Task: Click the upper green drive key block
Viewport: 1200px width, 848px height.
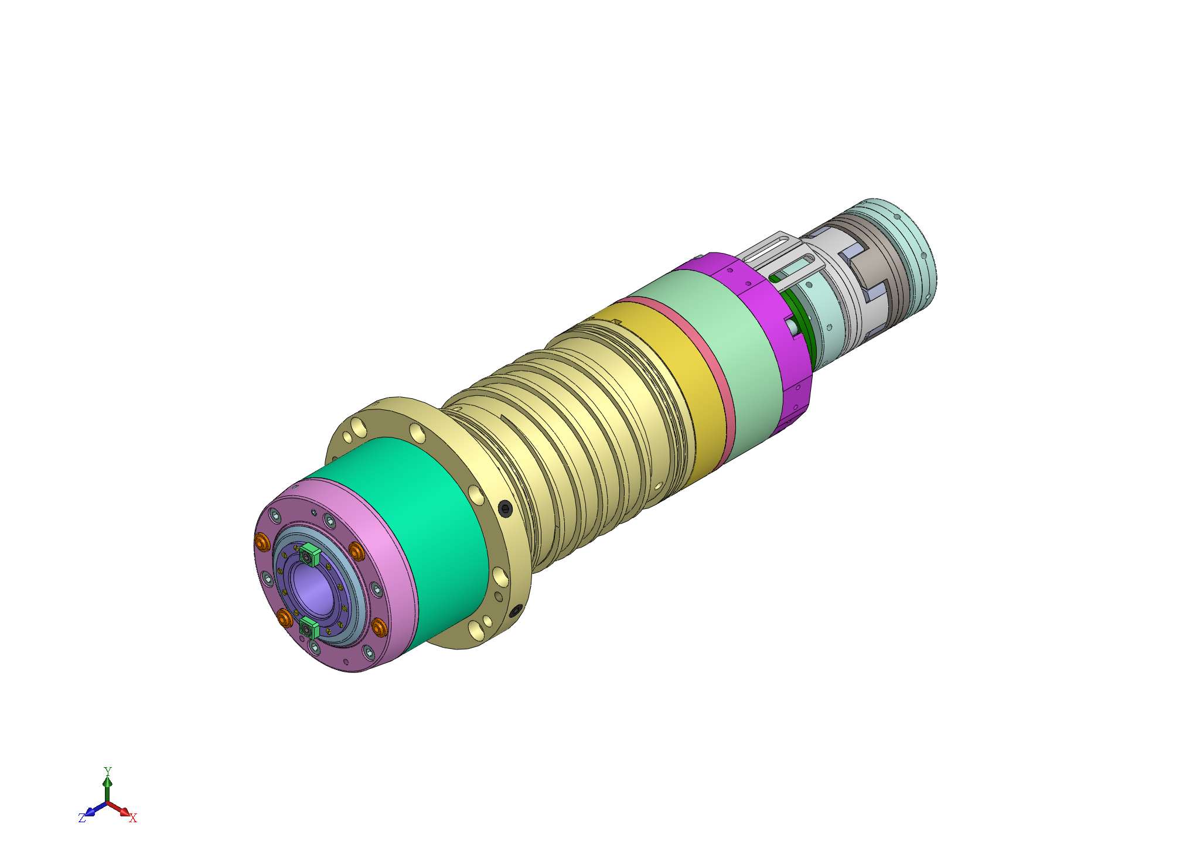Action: pyautogui.click(x=309, y=553)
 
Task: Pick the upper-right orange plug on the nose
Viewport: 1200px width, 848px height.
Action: pyautogui.click(x=356, y=550)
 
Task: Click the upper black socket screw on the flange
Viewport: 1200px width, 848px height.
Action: pyautogui.click(x=506, y=509)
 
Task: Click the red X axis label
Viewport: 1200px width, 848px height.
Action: pyautogui.click(x=133, y=818)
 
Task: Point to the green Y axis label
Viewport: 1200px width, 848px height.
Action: pyautogui.click(x=107, y=771)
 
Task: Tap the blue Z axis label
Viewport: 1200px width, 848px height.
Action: pyautogui.click(x=82, y=818)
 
